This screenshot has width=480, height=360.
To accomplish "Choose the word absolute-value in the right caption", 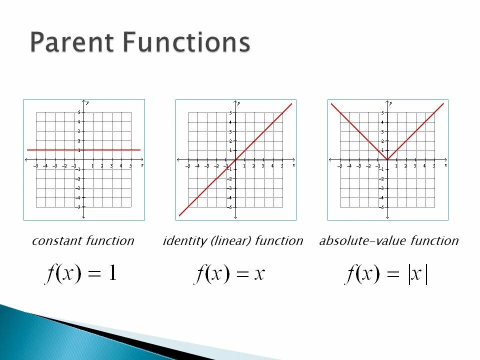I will (363, 241).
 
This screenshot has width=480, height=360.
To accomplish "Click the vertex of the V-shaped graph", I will (387, 159).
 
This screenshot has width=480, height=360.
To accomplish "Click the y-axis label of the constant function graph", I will (87, 102).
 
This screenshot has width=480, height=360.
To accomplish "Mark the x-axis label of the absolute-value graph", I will (445, 164).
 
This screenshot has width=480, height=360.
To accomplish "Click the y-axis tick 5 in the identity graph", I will (230, 112).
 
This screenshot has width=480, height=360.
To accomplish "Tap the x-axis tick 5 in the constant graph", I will (130, 165).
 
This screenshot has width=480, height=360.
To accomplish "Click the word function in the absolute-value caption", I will (434, 241).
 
